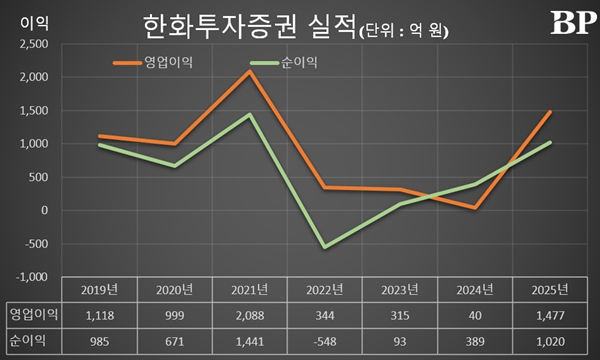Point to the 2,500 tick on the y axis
click(33, 44)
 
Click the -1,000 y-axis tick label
click(32, 277)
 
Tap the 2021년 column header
click(248, 290)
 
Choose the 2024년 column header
click(475, 290)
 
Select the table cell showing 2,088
click(248, 316)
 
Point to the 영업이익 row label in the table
click(30, 316)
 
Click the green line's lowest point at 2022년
click(324, 247)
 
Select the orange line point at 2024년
click(475, 208)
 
